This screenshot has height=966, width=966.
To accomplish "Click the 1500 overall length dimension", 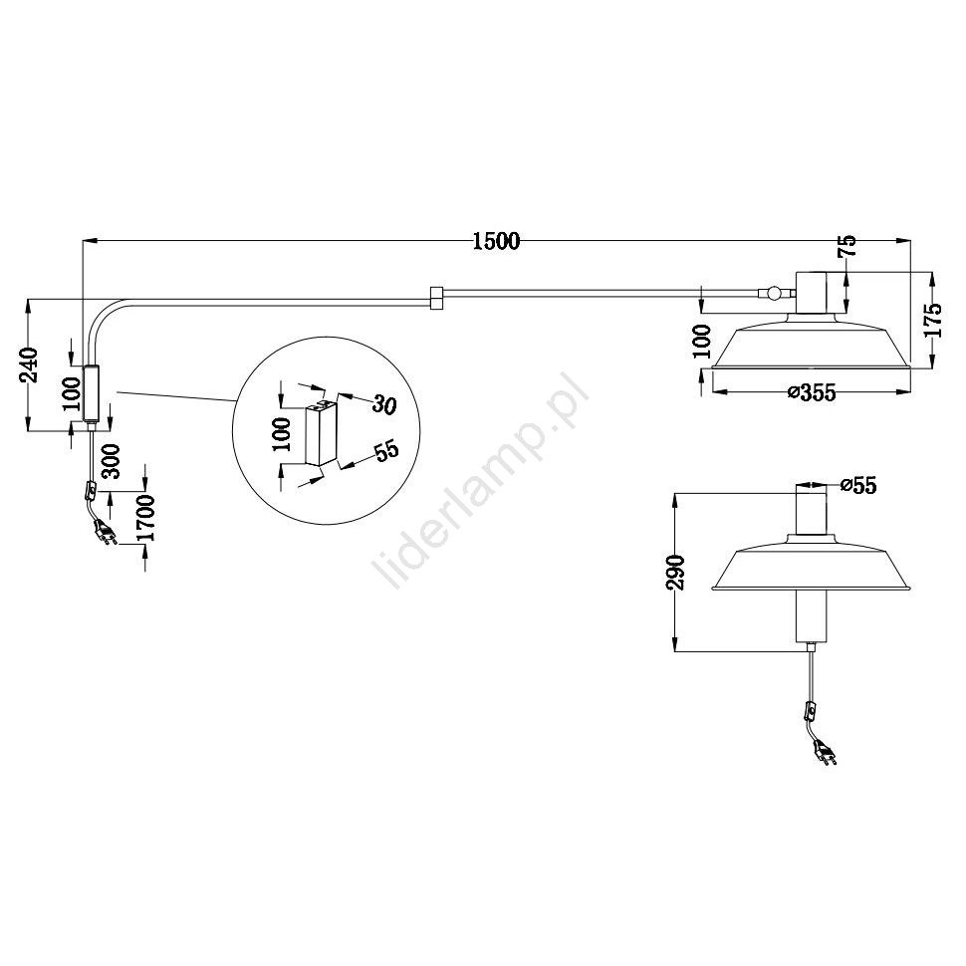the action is pyautogui.click(x=496, y=241).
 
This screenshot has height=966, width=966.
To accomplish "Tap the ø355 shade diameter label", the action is pyautogui.click(x=812, y=391).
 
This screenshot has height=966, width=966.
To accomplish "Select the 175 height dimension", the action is pyautogui.click(x=933, y=319).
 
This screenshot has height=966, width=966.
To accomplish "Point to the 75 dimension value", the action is pyautogui.click(x=847, y=246).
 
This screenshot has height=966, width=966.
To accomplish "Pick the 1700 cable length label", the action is pyautogui.click(x=146, y=518).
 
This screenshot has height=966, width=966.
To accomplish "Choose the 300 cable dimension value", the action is pyautogui.click(x=112, y=461).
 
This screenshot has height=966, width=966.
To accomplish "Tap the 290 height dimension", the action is pyautogui.click(x=676, y=573).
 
